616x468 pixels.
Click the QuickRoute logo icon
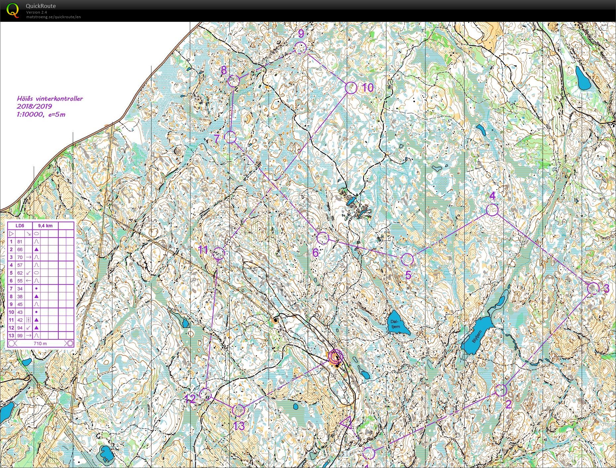(x=13, y=10)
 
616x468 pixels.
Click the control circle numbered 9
(x=300, y=48)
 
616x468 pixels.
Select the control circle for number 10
(x=351, y=88)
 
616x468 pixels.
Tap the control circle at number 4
(x=492, y=210)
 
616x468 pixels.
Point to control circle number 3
(x=593, y=288)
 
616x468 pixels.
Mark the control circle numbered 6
(x=323, y=238)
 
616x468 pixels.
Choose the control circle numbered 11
(x=218, y=254)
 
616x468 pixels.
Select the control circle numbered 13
(x=238, y=410)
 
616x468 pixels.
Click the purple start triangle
(x=346, y=424)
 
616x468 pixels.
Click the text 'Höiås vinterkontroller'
(x=50, y=98)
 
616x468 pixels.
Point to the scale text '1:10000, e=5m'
(x=41, y=114)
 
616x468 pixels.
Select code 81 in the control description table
(x=20, y=242)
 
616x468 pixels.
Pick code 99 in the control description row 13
(x=20, y=336)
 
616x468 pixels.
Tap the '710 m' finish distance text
(x=40, y=343)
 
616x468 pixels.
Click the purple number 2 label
(x=508, y=404)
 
